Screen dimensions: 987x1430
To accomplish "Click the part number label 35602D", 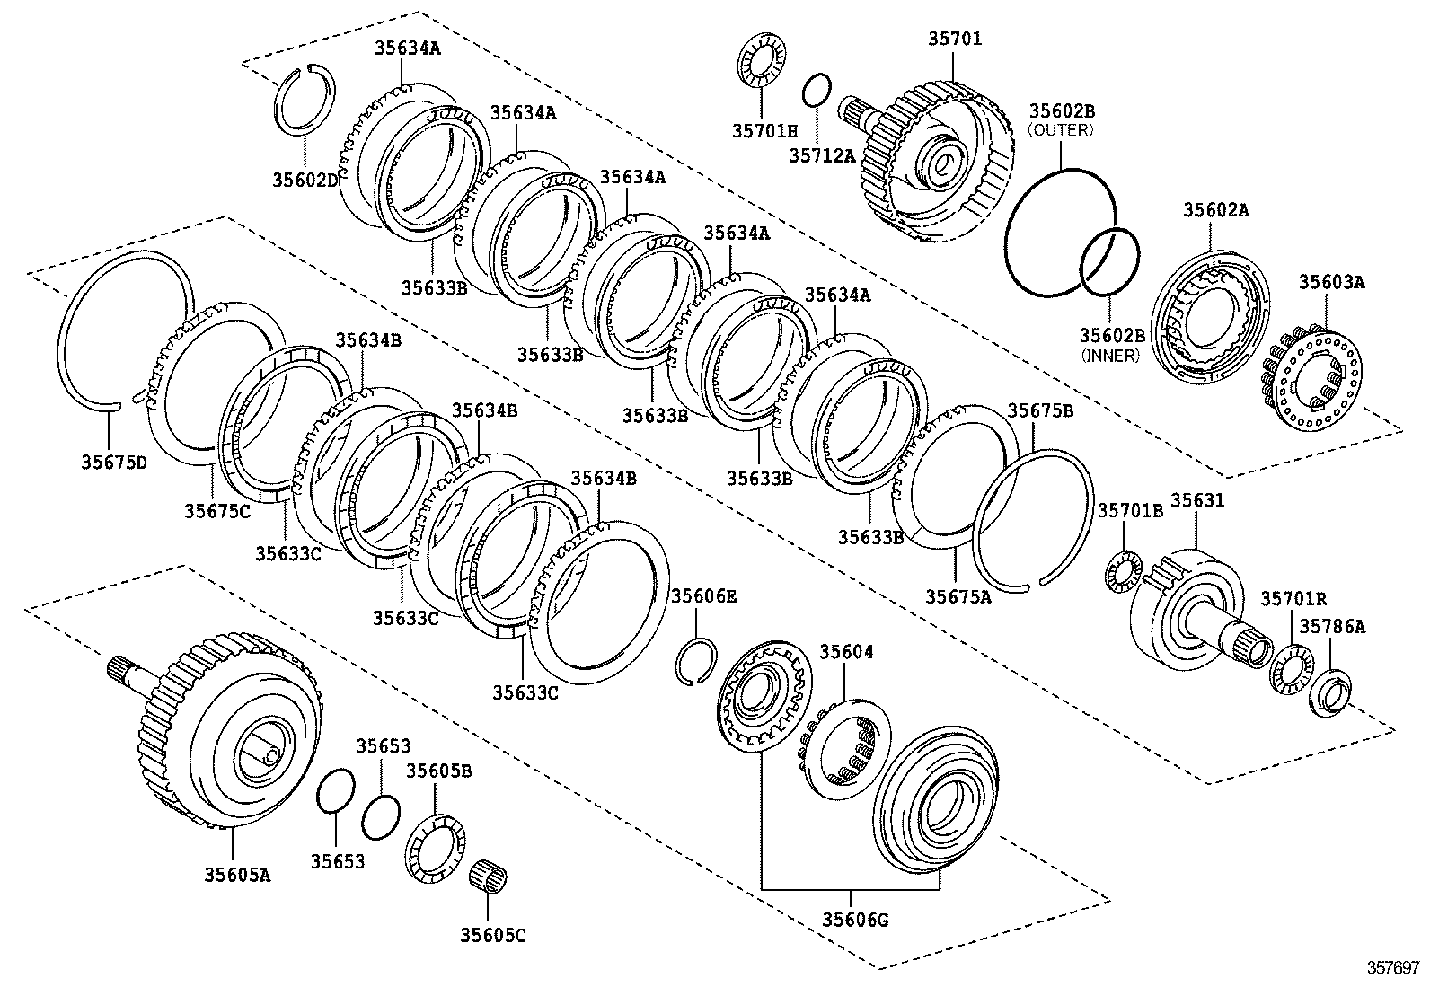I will click(305, 180).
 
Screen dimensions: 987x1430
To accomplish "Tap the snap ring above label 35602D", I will click(304, 101).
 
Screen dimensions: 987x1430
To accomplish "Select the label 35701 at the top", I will click(955, 39).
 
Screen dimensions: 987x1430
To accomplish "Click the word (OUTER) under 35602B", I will click(1061, 129).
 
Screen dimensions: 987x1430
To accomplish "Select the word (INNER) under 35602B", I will click(1110, 355).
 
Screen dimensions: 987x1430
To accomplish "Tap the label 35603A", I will click(1330, 281).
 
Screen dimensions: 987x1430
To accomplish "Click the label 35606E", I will click(704, 595).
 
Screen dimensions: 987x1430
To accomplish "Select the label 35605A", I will click(236, 873).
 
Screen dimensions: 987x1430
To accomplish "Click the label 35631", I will click(1196, 500).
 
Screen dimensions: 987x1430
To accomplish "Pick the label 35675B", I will click(1040, 410).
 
